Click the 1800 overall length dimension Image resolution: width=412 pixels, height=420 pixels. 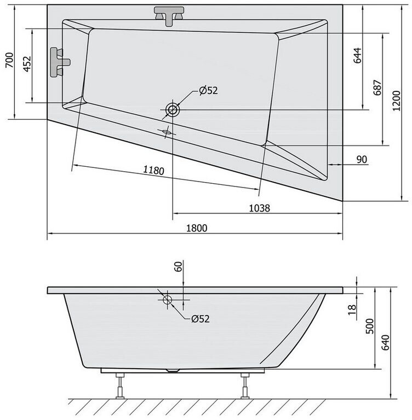(x=197, y=228)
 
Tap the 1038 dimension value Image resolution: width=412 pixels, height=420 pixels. (x=260, y=208)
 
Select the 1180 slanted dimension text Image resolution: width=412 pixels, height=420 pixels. (x=153, y=170)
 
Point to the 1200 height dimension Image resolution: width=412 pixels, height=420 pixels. (x=397, y=101)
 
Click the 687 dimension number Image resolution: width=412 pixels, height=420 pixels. (x=377, y=87)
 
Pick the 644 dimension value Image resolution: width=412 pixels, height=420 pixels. (x=357, y=56)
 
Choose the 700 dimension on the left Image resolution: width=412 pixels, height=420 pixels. (x=9, y=60)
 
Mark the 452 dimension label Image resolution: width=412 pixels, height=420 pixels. (x=27, y=64)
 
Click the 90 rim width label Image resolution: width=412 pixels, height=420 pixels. (x=362, y=160)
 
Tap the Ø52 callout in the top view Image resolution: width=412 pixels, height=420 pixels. (x=209, y=91)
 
